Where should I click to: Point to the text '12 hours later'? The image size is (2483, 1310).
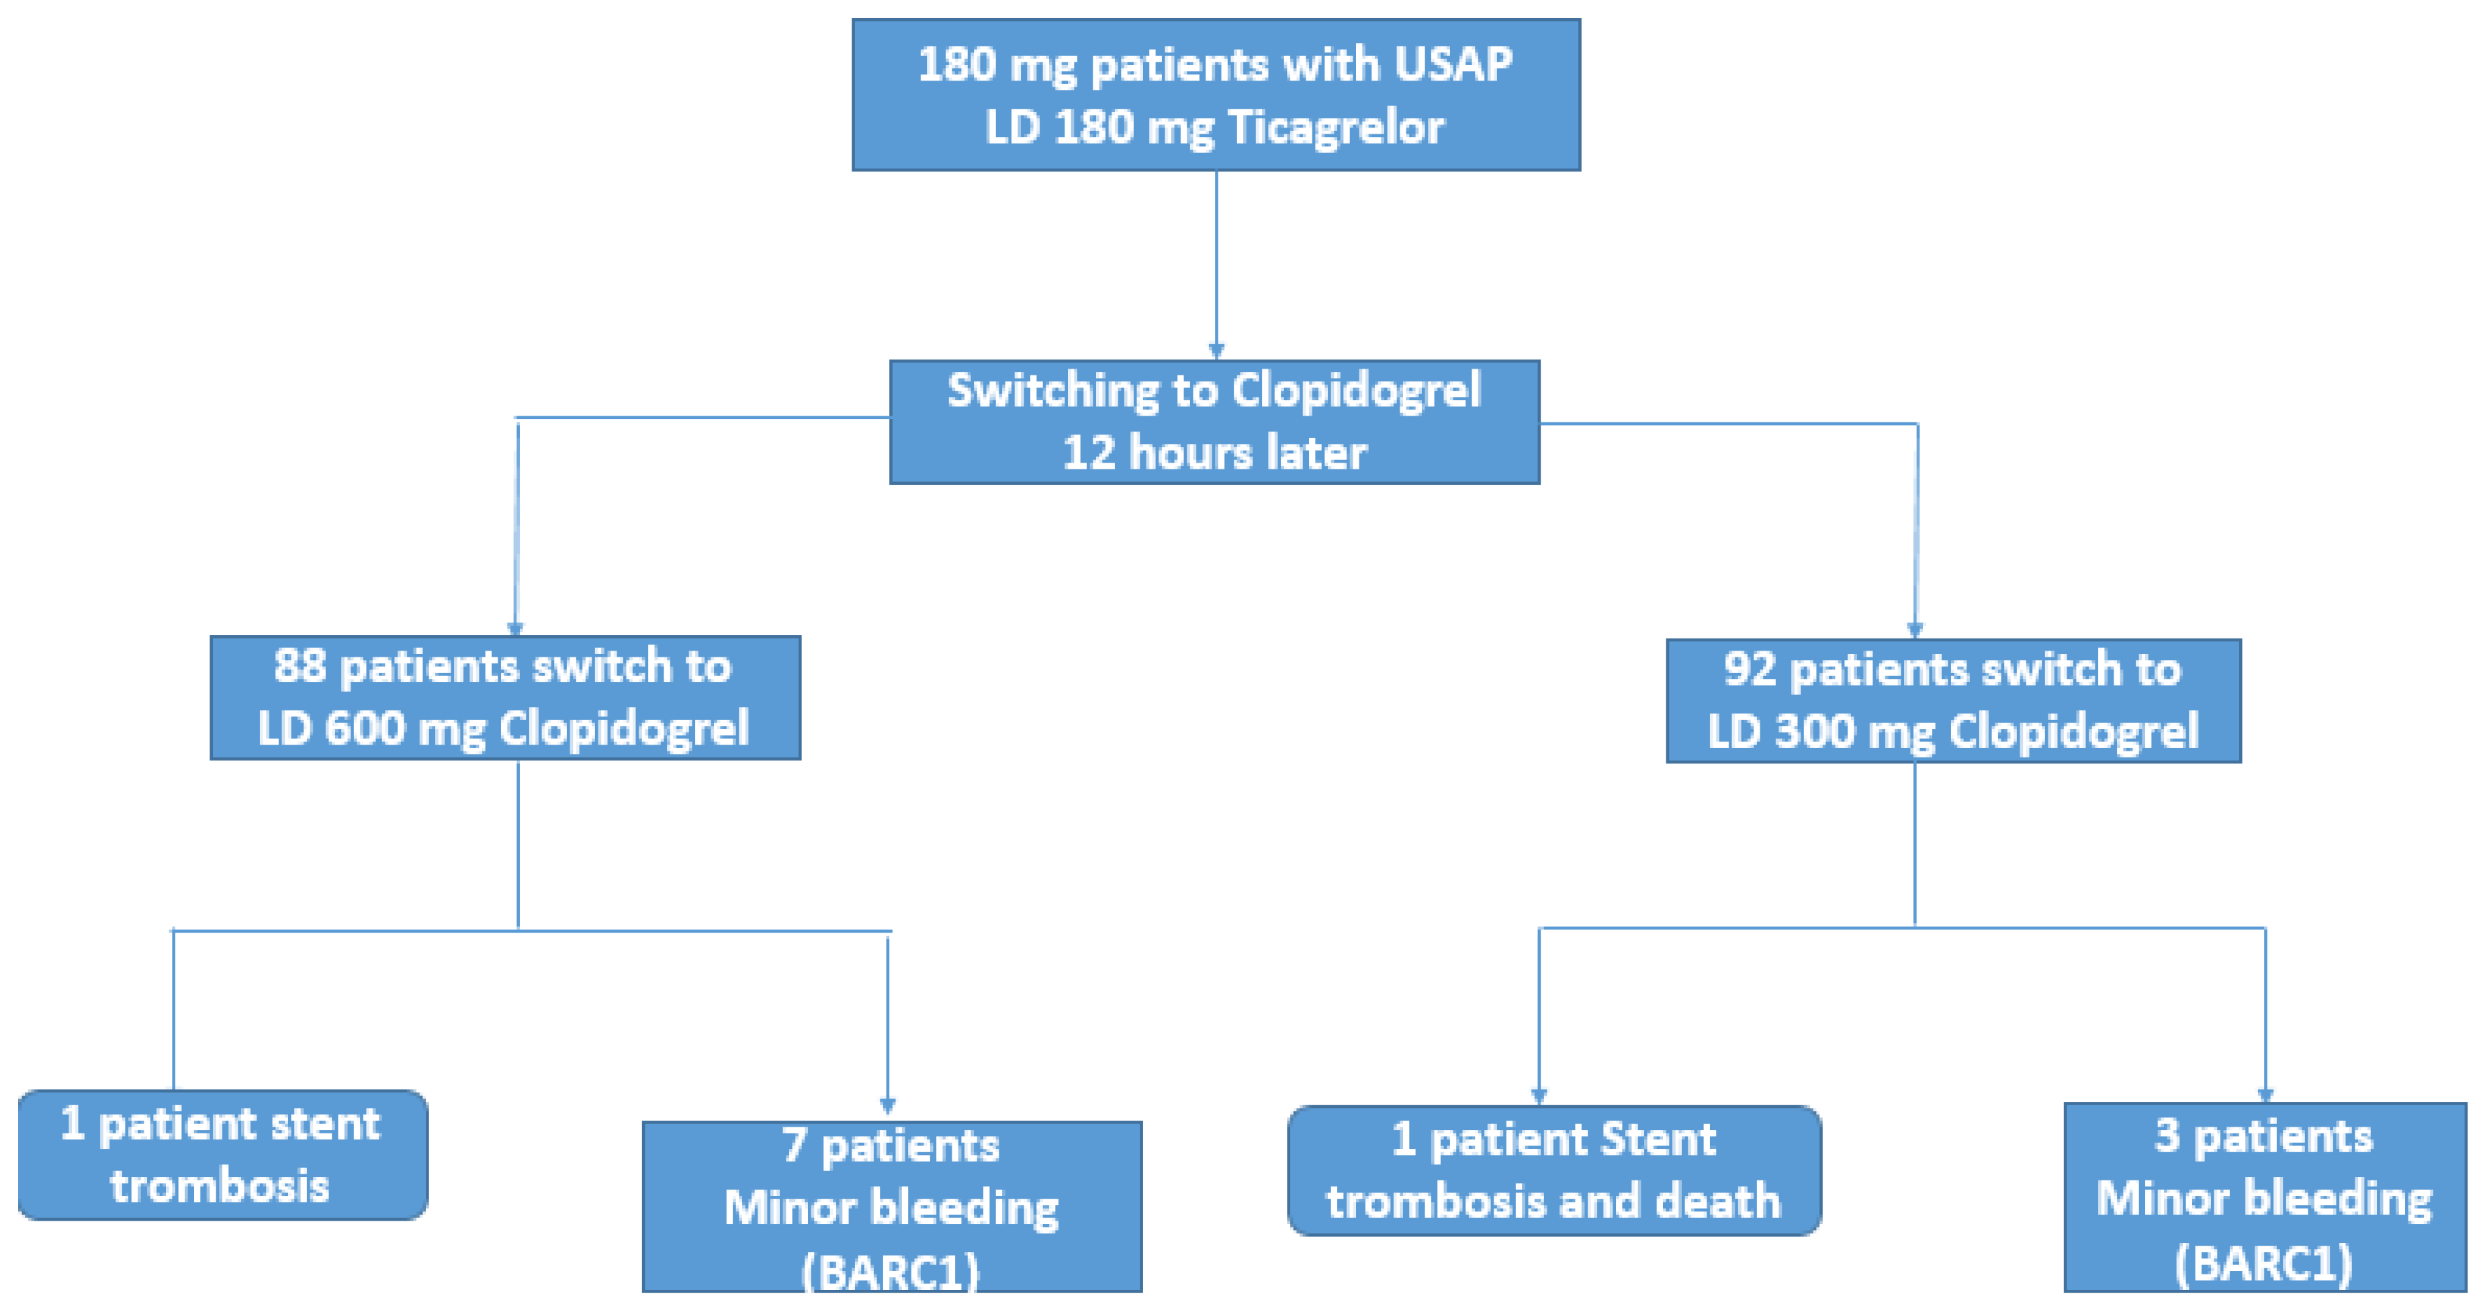point(1214,452)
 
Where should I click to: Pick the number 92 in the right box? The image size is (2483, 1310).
point(1750,669)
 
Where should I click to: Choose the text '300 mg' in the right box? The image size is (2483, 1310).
point(1854,732)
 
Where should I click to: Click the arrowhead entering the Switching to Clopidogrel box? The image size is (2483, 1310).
point(1216,351)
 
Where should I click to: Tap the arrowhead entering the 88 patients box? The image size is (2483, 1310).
point(516,628)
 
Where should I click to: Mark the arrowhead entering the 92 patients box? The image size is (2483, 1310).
point(1915,630)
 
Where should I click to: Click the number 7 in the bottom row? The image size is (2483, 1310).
point(793,1145)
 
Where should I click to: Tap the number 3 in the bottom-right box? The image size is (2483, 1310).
point(2167,1137)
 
